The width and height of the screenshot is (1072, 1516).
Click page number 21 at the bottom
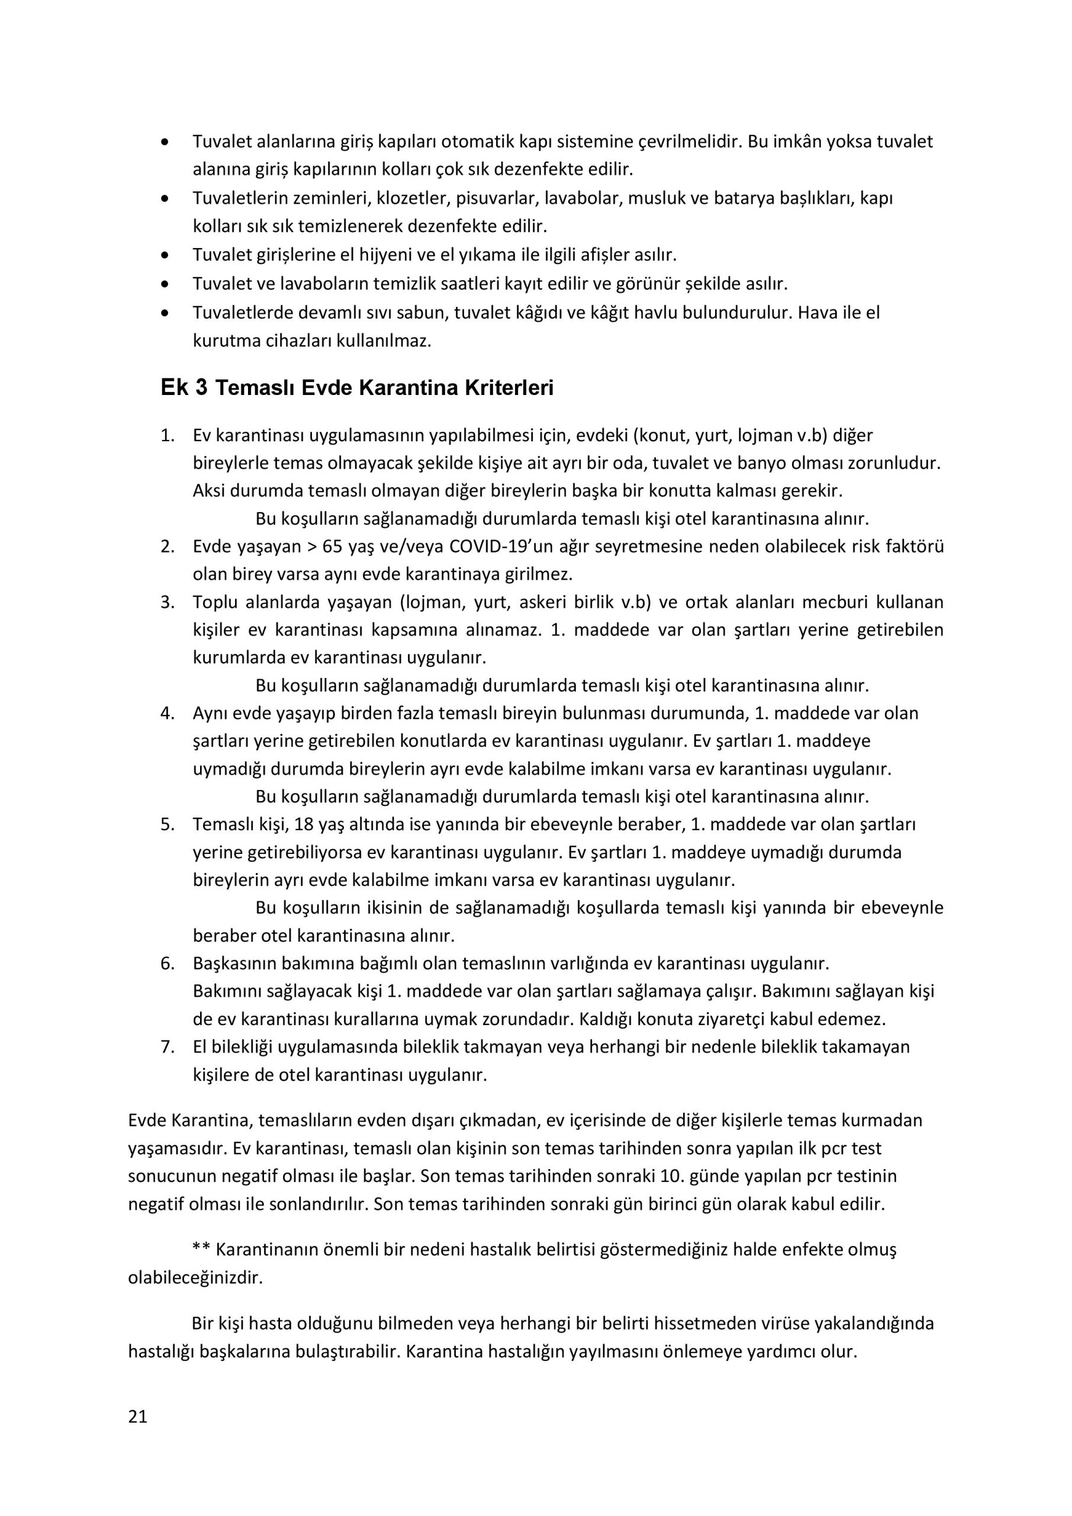(x=137, y=1417)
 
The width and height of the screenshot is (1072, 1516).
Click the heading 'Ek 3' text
(x=184, y=387)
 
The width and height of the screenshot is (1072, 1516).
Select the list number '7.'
(x=168, y=1046)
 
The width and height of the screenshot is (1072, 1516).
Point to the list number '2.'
(x=168, y=546)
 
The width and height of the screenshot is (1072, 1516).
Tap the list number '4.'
(x=168, y=713)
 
